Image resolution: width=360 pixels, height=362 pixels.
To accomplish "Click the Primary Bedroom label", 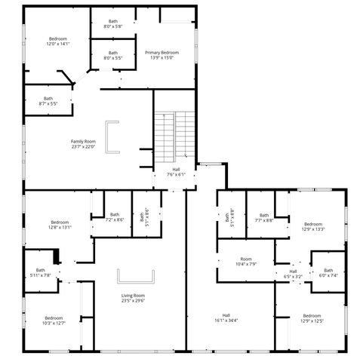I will point(164,54).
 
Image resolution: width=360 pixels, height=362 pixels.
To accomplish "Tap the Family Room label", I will point(83,143).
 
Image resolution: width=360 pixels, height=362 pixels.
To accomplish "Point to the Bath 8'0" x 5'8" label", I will point(112,24).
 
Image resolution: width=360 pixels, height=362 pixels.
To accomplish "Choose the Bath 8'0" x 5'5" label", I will point(112,56).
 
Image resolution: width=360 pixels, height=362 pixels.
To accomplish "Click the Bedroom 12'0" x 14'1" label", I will point(58,41).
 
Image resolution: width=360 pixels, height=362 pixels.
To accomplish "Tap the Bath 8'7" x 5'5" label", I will point(48,100).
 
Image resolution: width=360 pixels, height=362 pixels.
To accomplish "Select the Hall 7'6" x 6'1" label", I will point(176,172).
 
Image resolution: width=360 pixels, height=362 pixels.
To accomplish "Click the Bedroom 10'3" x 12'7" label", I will point(54,320).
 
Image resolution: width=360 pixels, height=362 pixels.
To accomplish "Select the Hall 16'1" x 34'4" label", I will point(226,318).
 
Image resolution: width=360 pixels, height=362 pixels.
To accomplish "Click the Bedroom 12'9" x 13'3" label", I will point(312,226).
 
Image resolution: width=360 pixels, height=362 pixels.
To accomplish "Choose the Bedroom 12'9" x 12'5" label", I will point(312,318).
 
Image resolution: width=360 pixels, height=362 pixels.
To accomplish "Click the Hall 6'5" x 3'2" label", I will point(293,274).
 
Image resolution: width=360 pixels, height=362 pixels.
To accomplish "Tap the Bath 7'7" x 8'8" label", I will point(263,218).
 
